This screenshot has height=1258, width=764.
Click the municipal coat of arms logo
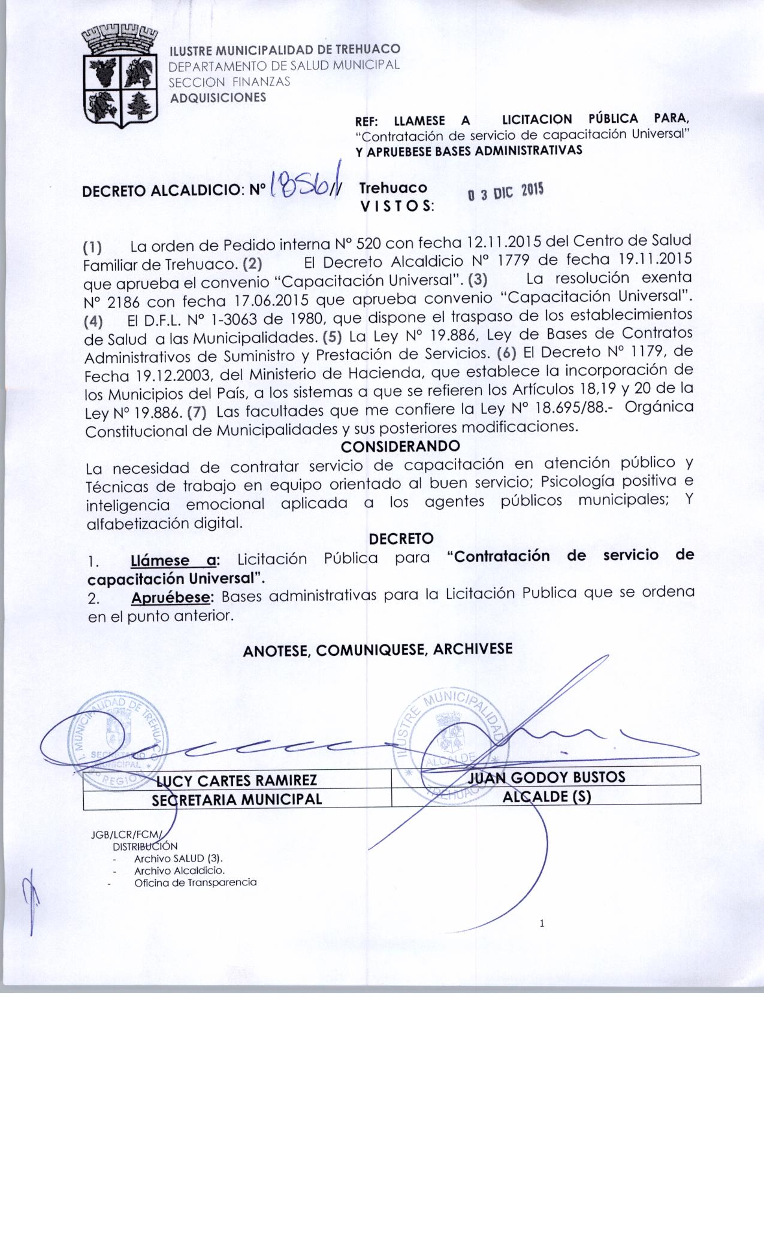[x=119, y=77]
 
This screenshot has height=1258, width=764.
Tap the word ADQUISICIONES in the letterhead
[x=218, y=98]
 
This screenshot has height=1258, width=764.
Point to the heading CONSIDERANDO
[x=400, y=446]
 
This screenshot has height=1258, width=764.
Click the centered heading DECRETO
[x=401, y=539]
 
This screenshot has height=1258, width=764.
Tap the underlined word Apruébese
[x=172, y=597]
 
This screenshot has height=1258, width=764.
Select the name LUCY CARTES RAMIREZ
[x=236, y=780]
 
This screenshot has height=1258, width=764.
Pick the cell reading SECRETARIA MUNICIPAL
[x=237, y=799]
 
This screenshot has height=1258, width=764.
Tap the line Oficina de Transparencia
[x=195, y=882]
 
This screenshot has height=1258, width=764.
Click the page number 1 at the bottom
[x=542, y=923]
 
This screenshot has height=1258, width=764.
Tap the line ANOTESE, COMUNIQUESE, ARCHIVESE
[x=378, y=649]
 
